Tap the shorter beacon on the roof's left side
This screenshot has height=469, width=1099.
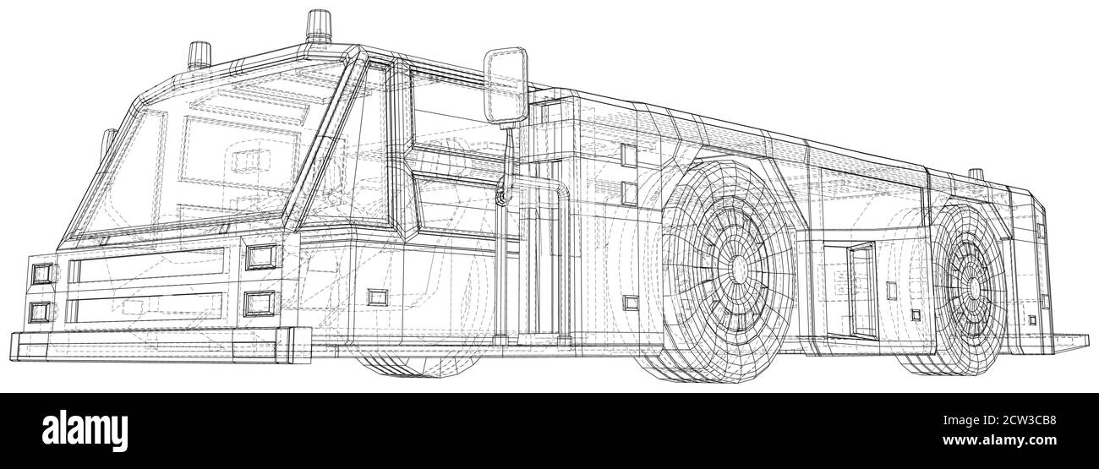point(200,55)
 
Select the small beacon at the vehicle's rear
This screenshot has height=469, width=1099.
point(976,174)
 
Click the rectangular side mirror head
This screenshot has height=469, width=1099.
point(506,85)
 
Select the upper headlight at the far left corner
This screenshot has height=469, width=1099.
point(42,274)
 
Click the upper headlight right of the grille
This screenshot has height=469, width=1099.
point(260,257)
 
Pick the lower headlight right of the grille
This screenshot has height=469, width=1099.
point(259,303)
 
